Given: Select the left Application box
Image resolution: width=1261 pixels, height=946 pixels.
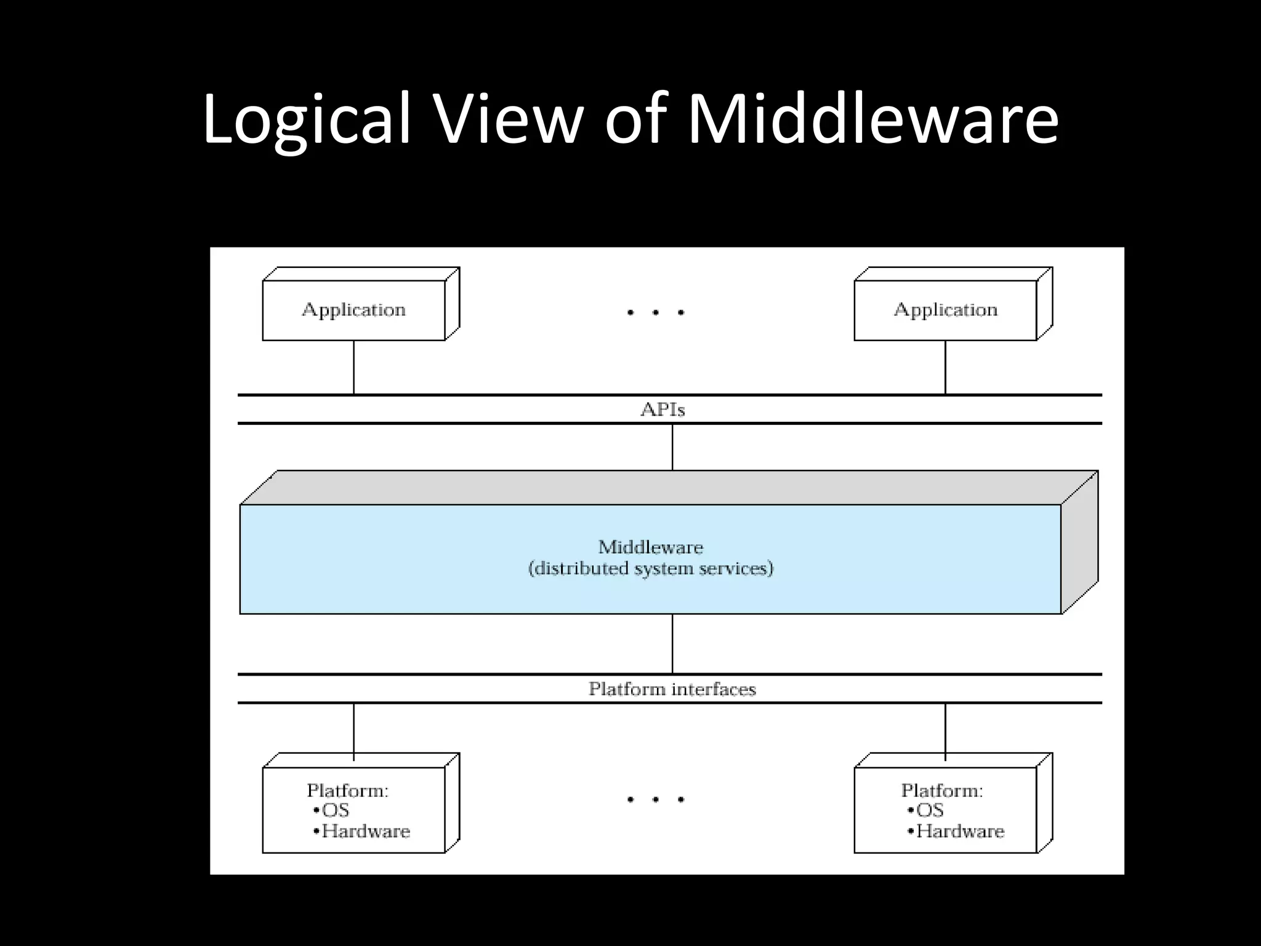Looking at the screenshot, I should pos(354,310).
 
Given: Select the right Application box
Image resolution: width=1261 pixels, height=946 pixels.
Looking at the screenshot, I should pos(946,310).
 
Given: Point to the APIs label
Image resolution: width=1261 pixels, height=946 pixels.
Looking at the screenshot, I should pos(663,410).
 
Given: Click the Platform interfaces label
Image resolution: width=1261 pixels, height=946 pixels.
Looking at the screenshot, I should pos(672,689).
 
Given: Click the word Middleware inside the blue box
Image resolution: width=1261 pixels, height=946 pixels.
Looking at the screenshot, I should pos(650,547).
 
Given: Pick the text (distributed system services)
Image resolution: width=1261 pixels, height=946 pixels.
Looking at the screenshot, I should pos(650,568).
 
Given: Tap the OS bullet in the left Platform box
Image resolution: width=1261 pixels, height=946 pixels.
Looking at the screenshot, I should pos(332,811).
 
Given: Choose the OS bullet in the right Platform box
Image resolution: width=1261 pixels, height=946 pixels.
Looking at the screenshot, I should pos(927,811).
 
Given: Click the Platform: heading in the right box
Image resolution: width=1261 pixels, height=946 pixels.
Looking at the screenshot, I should pos(942,790).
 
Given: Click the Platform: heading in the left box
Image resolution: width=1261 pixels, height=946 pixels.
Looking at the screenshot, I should pos(348,790).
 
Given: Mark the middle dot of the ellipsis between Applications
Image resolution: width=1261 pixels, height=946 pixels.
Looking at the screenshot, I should pos(656,313).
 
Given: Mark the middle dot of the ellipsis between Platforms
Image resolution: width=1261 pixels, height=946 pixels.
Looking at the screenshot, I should pos(656,800).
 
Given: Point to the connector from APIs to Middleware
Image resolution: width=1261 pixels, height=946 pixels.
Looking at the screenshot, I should pos(672,447).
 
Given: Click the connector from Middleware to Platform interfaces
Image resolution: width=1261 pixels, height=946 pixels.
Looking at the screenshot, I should pos(672,644).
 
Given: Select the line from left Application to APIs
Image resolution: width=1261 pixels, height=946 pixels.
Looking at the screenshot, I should pos(354,368).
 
